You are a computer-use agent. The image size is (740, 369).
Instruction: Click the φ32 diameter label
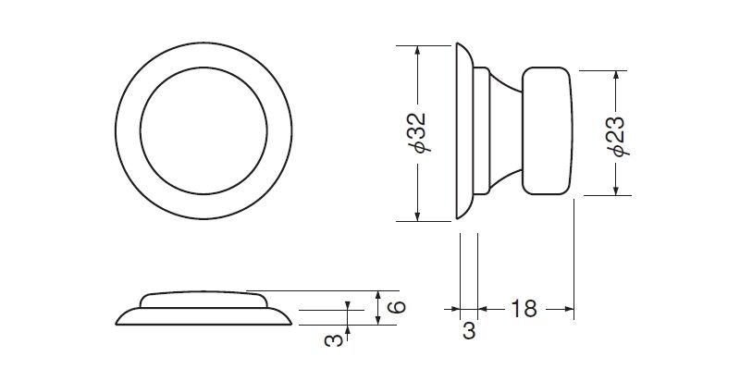(419, 133)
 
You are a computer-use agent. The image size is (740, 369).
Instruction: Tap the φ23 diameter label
(618, 136)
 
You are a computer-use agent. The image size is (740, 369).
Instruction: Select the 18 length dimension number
(524, 309)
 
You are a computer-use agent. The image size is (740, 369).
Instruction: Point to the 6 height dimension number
(397, 307)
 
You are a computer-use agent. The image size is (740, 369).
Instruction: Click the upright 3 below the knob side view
(469, 331)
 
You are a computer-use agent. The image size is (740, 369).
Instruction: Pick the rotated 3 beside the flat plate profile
(334, 339)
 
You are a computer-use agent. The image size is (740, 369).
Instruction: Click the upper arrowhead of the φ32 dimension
(417, 51)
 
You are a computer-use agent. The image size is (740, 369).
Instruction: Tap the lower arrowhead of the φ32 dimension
(417, 215)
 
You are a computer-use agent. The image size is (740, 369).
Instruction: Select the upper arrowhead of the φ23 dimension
(615, 76)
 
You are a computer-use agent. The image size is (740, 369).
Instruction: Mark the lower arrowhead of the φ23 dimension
(615, 190)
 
